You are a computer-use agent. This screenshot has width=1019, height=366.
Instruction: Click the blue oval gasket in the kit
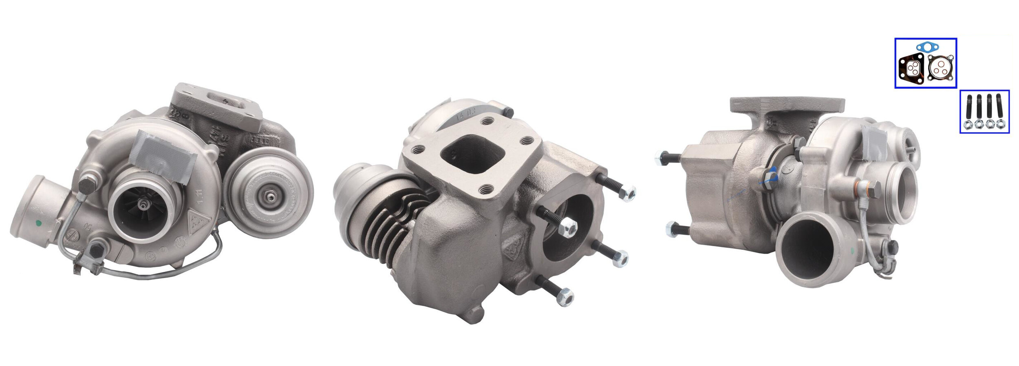pos(926,49)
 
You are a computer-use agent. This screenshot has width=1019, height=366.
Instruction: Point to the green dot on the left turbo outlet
pos(39,223)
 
